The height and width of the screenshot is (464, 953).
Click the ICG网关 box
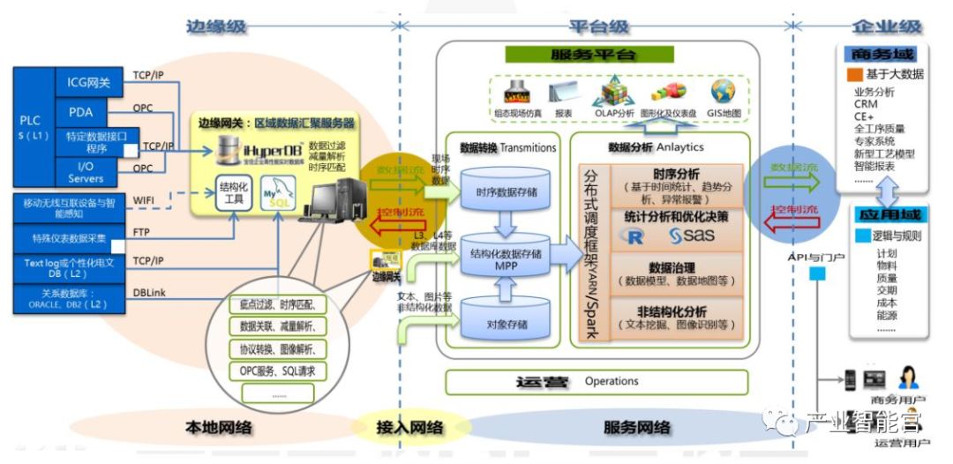point(88,83)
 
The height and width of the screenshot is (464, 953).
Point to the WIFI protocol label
point(146,201)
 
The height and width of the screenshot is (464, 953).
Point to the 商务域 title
point(875,55)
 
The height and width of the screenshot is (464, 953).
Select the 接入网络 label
point(409,428)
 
